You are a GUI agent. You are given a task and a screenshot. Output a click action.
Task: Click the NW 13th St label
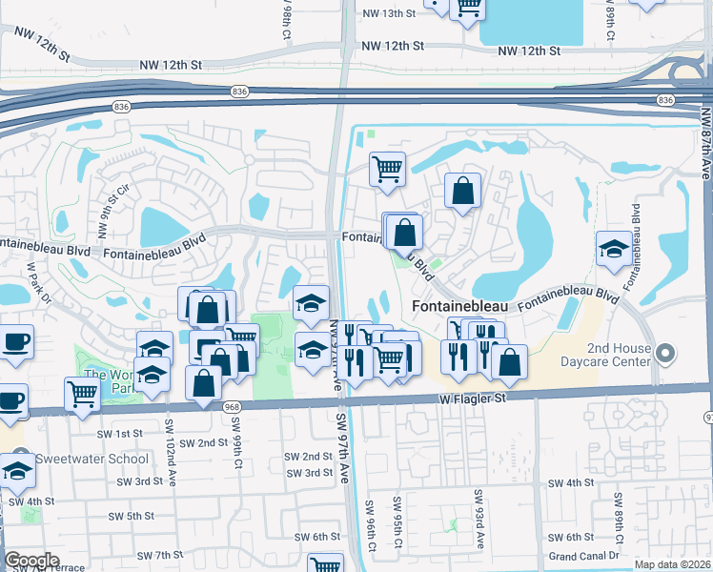coord(391,13)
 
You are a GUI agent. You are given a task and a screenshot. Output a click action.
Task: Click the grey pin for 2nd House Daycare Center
coord(666,355)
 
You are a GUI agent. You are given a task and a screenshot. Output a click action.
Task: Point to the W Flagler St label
coord(472,398)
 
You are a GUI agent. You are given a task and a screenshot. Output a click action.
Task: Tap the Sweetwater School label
coord(92,459)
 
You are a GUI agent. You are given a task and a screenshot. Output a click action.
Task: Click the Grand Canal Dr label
coord(584,556)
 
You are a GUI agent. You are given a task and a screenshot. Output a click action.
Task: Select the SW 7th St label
coord(159,555)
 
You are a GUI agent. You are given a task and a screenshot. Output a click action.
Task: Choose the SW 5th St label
coord(131,516)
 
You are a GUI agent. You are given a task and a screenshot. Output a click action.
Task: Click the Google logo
coord(32,561)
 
